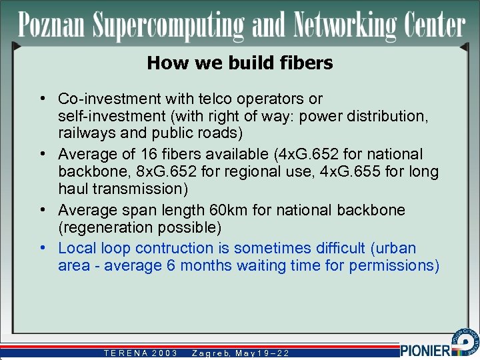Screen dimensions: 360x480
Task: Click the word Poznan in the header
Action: [52, 25]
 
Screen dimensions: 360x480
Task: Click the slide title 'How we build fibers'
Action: [239, 63]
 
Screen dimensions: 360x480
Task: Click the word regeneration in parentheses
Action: [100, 227]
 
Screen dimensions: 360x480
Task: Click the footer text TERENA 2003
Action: [140, 353]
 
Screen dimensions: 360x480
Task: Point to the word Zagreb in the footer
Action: [209, 353]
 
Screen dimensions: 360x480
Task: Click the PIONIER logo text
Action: [425, 350]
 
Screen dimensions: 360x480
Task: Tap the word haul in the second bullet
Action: [75, 189]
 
